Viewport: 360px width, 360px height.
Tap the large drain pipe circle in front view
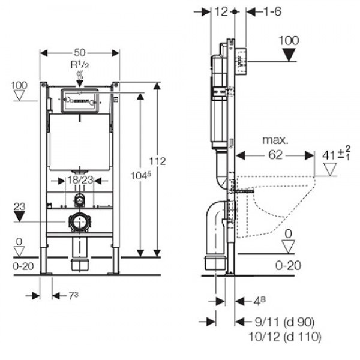click(x=79, y=223)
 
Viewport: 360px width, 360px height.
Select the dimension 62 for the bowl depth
click(x=275, y=155)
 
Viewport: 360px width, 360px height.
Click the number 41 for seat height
click(x=327, y=154)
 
